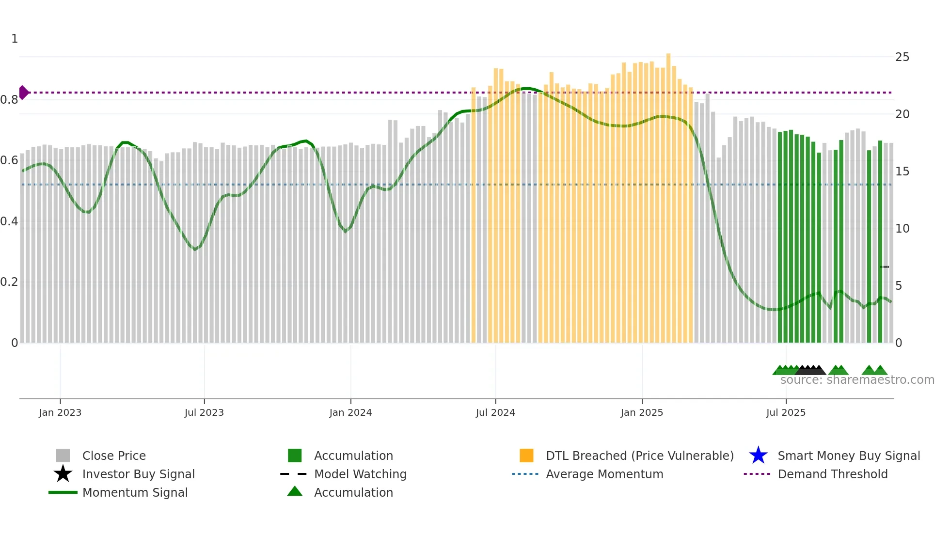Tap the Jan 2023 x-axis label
pyautogui.click(x=60, y=413)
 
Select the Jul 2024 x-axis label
pyautogui.click(x=495, y=413)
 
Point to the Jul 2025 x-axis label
pyautogui.click(x=786, y=413)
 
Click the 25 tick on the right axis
pyautogui.click(x=902, y=57)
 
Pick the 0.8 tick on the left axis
pyautogui.click(x=10, y=100)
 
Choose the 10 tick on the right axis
pyautogui.click(x=902, y=229)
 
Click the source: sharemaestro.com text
pyautogui.click(x=857, y=380)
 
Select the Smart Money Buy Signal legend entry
pyautogui.click(x=848, y=456)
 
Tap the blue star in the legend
pyautogui.click(x=758, y=455)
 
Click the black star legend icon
pyautogui.click(x=63, y=474)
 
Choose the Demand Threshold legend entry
pyautogui.click(x=832, y=474)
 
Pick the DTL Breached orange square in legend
pyautogui.click(x=526, y=455)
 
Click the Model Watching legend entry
pyautogui.click(x=360, y=474)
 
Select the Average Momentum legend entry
pyautogui.click(x=604, y=474)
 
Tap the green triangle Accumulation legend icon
pyautogui.click(x=295, y=492)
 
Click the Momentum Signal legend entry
pyautogui.click(x=135, y=493)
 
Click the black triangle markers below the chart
pyautogui.click(x=810, y=370)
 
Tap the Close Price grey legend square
pyautogui.click(x=63, y=455)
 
